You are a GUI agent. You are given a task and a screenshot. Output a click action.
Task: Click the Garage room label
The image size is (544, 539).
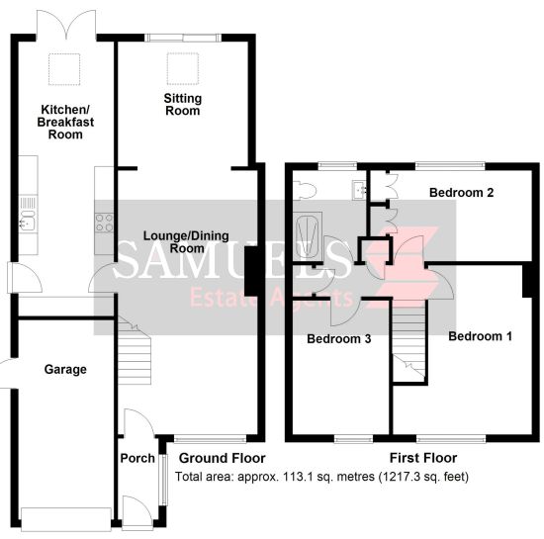click(65, 370)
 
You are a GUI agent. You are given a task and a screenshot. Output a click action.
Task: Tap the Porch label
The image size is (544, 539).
click(137, 458)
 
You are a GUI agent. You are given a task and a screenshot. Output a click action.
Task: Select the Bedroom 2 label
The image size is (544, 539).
click(461, 193)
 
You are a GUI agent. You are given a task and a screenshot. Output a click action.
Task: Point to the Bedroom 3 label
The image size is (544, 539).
click(339, 338)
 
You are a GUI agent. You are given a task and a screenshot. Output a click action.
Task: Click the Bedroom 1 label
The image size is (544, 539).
click(480, 336)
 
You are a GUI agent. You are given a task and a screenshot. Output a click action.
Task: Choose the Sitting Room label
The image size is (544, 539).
click(183, 105)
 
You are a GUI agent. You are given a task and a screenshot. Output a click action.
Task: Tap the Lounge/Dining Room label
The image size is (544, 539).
click(186, 242)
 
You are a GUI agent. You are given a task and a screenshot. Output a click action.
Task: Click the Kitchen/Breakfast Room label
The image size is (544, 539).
click(65, 122)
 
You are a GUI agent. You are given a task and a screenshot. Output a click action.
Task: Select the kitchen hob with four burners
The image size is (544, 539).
click(104, 223)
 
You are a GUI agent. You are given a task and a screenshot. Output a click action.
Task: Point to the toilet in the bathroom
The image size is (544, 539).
click(305, 191)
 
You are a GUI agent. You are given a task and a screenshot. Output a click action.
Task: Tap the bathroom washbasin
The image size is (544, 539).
click(360, 190)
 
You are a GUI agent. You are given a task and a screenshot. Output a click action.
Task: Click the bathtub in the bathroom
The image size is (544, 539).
click(309, 236)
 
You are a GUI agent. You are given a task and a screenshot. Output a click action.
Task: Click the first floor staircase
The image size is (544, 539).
click(408, 339)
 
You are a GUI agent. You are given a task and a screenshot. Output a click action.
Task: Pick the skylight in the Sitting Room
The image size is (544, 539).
click(183, 68)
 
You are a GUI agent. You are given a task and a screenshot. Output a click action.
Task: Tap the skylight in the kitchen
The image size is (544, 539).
click(64, 69)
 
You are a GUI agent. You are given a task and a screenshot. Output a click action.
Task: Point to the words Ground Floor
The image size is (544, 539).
click(222, 458)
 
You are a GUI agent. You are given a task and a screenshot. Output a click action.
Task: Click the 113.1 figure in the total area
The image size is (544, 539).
click(295, 477)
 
